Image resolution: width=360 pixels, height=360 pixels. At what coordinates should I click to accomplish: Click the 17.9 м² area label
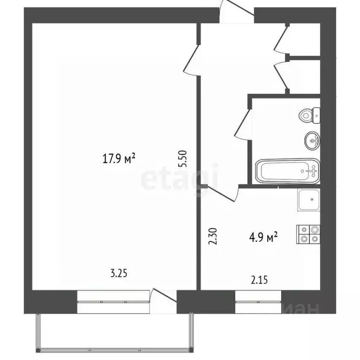click(x=119, y=159)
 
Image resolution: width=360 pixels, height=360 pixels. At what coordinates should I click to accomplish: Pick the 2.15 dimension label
click(x=260, y=281)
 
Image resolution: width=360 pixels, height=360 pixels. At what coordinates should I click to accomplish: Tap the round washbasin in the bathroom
click(x=312, y=139)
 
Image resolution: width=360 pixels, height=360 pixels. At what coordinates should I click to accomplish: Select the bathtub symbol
click(x=286, y=172)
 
